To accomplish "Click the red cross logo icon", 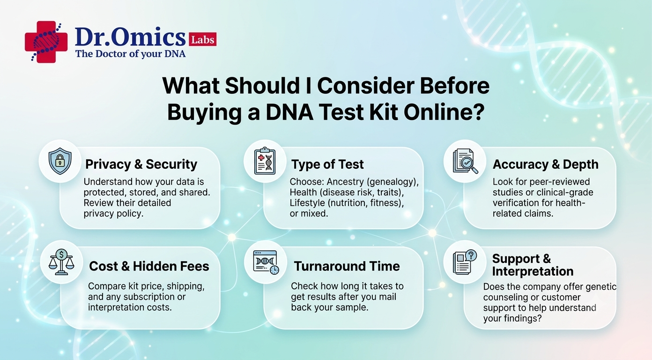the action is click(x=46, y=42).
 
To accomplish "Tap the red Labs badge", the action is click(x=203, y=39).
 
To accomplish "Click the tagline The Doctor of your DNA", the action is click(x=130, y=54).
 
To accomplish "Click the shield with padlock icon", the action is click(x=60, y=161).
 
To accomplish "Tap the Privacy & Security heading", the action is click(x=141, y=164).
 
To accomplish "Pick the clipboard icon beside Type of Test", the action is click(x=265, y=161).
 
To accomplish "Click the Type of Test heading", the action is click(x=327, y=164).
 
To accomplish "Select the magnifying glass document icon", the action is click(x=465, y=161).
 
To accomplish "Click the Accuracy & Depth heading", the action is click(x=546, y=164).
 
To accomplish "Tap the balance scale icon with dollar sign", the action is click(x=61, y=262).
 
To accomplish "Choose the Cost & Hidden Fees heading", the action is click(x=149, y=266).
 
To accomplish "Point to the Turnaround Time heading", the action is click(x=347, y=266).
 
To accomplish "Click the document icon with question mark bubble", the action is click(x=465, y=262).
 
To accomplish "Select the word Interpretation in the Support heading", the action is click(x=533, y=271).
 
